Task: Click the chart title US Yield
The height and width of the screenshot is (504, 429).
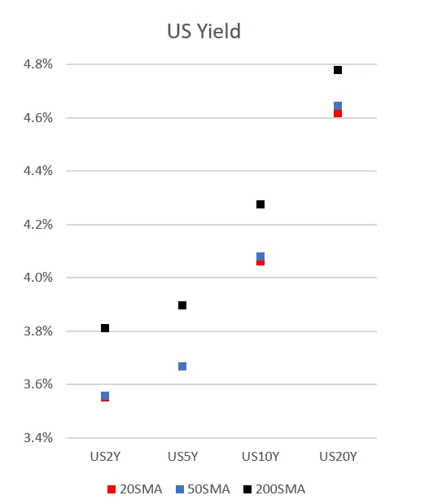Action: (204, 31)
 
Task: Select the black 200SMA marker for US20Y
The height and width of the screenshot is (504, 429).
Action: (338, 70)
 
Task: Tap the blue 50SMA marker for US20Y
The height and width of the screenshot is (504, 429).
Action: (338, 106)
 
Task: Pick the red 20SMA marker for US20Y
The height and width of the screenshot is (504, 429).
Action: (338, 114)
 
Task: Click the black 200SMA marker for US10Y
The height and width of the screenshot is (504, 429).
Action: (260, 204)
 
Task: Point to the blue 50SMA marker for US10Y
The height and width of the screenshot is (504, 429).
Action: (260, 256)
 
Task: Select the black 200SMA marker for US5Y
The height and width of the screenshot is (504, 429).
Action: (182, 305)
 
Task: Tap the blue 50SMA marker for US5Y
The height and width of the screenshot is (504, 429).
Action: (182, 366)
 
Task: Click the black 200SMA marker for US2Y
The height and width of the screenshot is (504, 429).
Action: (105, 328)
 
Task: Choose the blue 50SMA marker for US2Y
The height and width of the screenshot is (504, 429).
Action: (105, 396)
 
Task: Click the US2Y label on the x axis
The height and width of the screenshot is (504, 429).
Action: (105, 457)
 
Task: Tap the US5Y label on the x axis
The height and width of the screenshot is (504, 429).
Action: (182, 457)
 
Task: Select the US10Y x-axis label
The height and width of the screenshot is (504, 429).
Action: (260, 457)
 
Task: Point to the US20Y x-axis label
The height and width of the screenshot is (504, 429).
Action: (338, 457)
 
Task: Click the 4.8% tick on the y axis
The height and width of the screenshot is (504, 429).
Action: (38, 64)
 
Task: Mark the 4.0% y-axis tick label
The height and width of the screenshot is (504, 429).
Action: (38, 277)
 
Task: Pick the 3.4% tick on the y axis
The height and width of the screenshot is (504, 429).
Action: (38, 437)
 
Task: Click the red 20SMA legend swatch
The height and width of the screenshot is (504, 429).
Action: (112, 489)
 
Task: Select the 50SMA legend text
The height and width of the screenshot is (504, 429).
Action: (209, 489)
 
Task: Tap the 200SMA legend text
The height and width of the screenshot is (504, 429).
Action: (280, 489)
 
